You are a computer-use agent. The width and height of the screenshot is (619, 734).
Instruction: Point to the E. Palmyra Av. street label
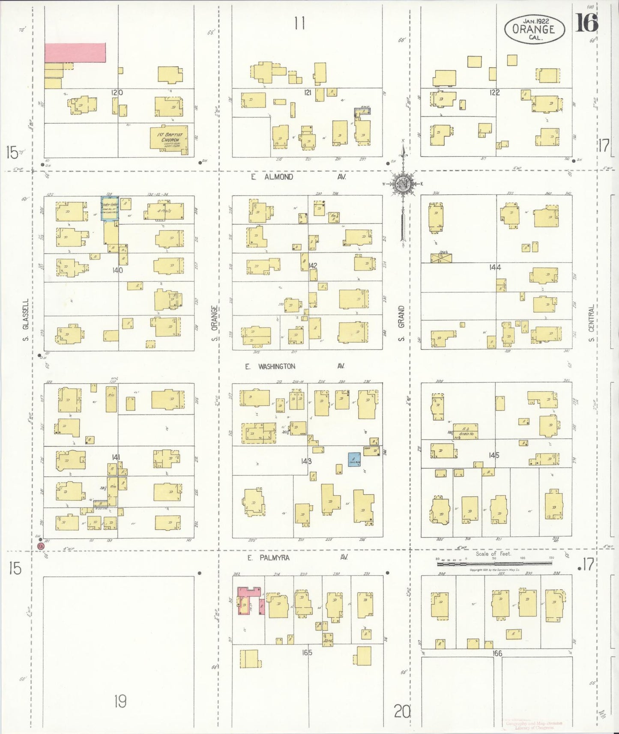click(x=297, y=558)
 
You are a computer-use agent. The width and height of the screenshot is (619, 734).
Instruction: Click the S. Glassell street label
click(x=26, y=320)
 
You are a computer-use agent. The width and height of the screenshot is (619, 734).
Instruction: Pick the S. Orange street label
click(x=215, y=323)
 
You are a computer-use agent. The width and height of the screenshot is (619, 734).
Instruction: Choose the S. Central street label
click(x=591, y=323)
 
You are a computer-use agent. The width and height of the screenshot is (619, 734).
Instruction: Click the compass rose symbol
click(x=403, y=184)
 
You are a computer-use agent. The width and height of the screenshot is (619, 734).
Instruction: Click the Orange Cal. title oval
click(x=534, y=29)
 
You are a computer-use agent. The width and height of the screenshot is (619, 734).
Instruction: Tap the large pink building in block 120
click(x=75, y=52)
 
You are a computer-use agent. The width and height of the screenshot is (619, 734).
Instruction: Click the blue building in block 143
click(x=354, y=459)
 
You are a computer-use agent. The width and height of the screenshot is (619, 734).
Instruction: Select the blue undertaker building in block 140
click(x=110, y=209)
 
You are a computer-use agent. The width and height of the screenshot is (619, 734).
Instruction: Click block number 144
click(x=495, y=267)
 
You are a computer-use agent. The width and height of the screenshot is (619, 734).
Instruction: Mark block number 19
click(x=120, y=701)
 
